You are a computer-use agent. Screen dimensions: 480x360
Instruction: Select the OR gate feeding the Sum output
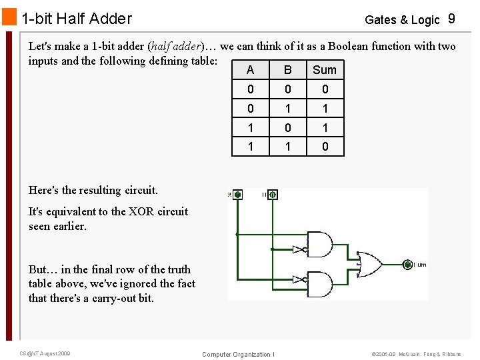click(x=369, y=264)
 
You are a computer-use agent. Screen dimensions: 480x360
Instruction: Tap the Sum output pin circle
click(x=407, y=265)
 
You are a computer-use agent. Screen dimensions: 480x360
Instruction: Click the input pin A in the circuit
click(x=238, y=195)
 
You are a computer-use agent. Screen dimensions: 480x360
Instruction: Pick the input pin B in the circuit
click(x=272, y=195)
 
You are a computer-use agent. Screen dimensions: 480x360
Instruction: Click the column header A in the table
click(x=250, y=70)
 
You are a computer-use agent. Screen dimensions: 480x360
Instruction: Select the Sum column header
click(x=325, y=70)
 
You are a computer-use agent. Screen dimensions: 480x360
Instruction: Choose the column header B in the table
click(x=287, y=70)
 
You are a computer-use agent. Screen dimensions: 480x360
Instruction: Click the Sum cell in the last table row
click(x=325, y=147)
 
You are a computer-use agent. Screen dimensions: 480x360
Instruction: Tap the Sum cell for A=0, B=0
click(x=325, y=89)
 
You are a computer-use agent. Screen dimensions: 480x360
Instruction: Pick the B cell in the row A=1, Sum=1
click(x=287, y=127)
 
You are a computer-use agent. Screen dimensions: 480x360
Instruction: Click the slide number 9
click(x=451, y=19)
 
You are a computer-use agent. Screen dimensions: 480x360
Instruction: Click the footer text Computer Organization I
click(x=238, y=354)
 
